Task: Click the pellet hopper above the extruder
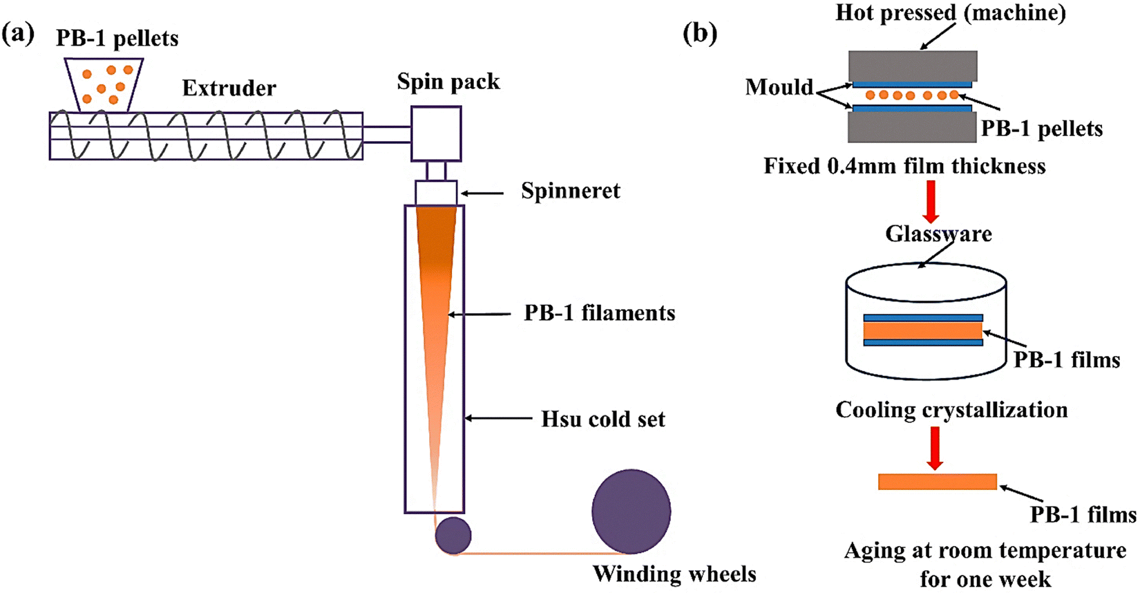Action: point(104,84)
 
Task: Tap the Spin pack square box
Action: point(436,133)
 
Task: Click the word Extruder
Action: point(229,88)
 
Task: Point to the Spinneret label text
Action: point(571,191)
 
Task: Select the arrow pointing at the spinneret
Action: point(482,194)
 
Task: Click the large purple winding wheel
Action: point(631,511)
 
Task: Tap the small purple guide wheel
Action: point(453,535)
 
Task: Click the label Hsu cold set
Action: point(602,420)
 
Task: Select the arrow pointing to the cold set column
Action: point(498,418)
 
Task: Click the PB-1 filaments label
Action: point(600,313)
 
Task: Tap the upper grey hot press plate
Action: point(913,66)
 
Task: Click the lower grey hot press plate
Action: point(912,126)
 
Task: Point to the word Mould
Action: point(779,87)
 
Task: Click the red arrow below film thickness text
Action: point(931,202)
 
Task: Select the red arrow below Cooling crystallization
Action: point(935,448)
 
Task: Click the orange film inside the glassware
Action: point(922,331)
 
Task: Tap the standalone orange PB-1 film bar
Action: point(938,482)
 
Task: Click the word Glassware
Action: point(938,234)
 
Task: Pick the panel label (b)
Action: point(700,34)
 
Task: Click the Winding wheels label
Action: point(674,574)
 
